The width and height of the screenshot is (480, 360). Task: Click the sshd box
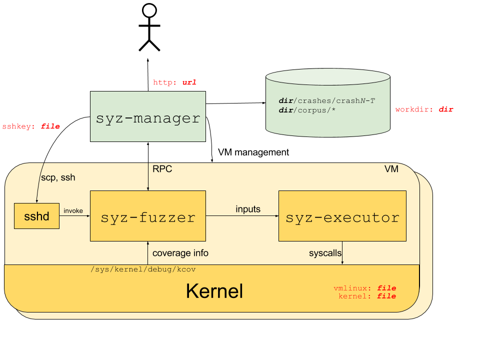click(36, 216)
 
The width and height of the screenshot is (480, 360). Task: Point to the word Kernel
click(214, 291)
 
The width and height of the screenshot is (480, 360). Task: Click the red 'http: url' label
click(174, 82)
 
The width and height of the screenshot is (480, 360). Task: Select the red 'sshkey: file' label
click(31, 127)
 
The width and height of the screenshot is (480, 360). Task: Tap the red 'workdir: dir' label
click(424, 109)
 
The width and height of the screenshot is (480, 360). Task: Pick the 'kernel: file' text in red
click(367, 296)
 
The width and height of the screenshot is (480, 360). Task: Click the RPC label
click(162, 169)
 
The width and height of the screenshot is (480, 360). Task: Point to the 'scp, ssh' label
click(58, 177)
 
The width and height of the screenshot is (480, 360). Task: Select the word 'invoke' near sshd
click(73, 211)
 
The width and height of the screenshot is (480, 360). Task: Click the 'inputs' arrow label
click(248, 209)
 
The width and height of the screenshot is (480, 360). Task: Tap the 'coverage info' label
click(180, 253)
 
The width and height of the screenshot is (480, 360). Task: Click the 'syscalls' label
click(325, 253)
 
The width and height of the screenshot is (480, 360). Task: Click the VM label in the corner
click(391, 169)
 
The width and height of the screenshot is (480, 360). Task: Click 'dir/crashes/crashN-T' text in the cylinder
click(326, 101)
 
